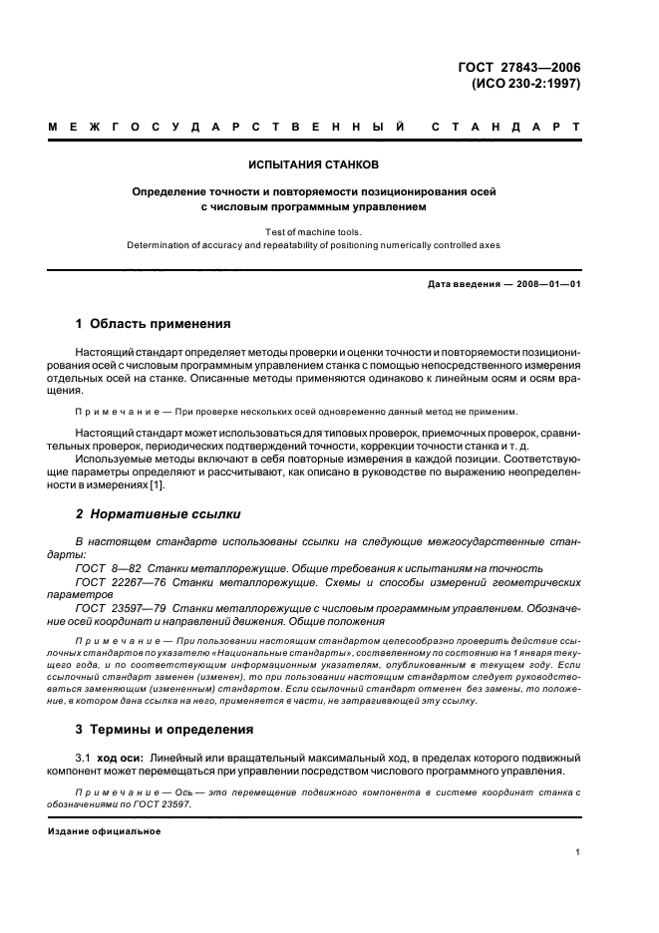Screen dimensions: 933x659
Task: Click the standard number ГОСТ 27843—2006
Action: pos(518,68)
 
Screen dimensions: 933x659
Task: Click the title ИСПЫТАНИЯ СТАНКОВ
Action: pos(314,163)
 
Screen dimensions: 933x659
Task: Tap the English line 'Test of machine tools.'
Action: pos(314,232)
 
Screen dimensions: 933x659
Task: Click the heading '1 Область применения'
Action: pos(154,324)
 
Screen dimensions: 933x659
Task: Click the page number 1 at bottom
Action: pos(578,852)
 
